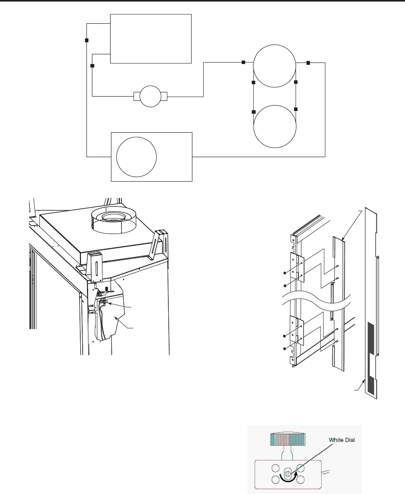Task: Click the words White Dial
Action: (x=341, y=440)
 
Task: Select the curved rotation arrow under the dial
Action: (x=288, y=478)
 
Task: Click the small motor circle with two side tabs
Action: (x=151, y=96)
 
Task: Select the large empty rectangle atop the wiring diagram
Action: (x=151, y=39)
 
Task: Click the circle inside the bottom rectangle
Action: (x=137, y=157)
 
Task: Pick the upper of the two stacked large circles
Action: (x=274, y=66)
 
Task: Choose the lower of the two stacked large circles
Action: (x=275, y=127)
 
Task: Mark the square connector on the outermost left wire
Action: (x=87, y=40)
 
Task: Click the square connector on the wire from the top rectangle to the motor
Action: (x=92, y=66)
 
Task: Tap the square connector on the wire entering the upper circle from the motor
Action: (x=244, y=62)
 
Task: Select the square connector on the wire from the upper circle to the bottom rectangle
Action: (x=308, y=63)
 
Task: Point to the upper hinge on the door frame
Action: (x=297, y=267)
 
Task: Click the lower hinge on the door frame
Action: (x=297, y=331)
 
